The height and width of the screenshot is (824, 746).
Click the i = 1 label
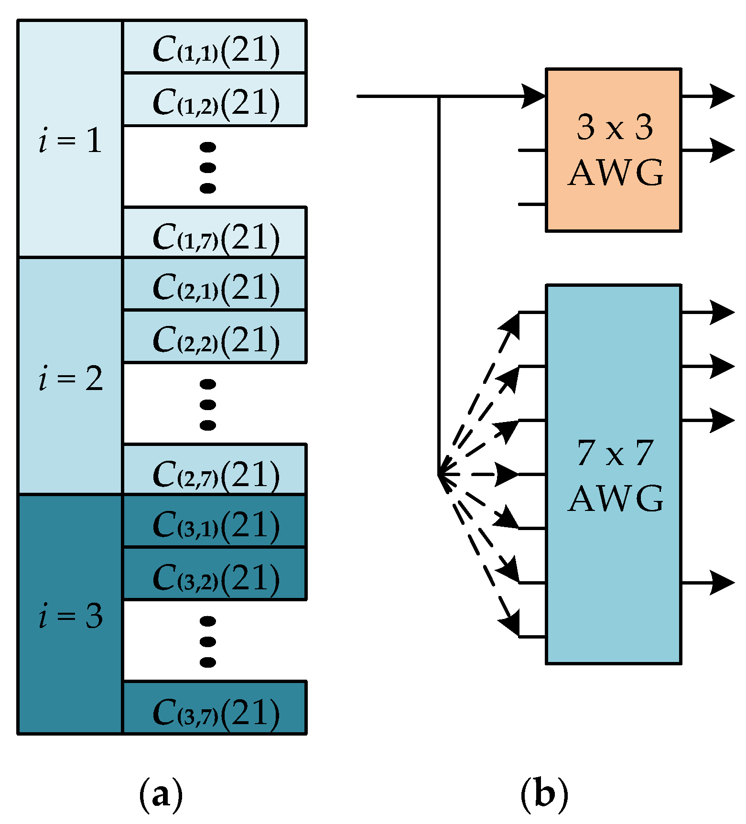coord(70,141)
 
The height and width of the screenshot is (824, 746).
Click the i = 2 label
coord(70,379)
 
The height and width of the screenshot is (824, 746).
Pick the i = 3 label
coord(70,616)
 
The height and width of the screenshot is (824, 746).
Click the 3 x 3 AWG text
coord(615,150)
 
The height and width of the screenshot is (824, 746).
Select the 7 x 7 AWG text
coord(615,476)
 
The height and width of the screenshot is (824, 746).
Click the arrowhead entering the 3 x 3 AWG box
coord(534,96)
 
